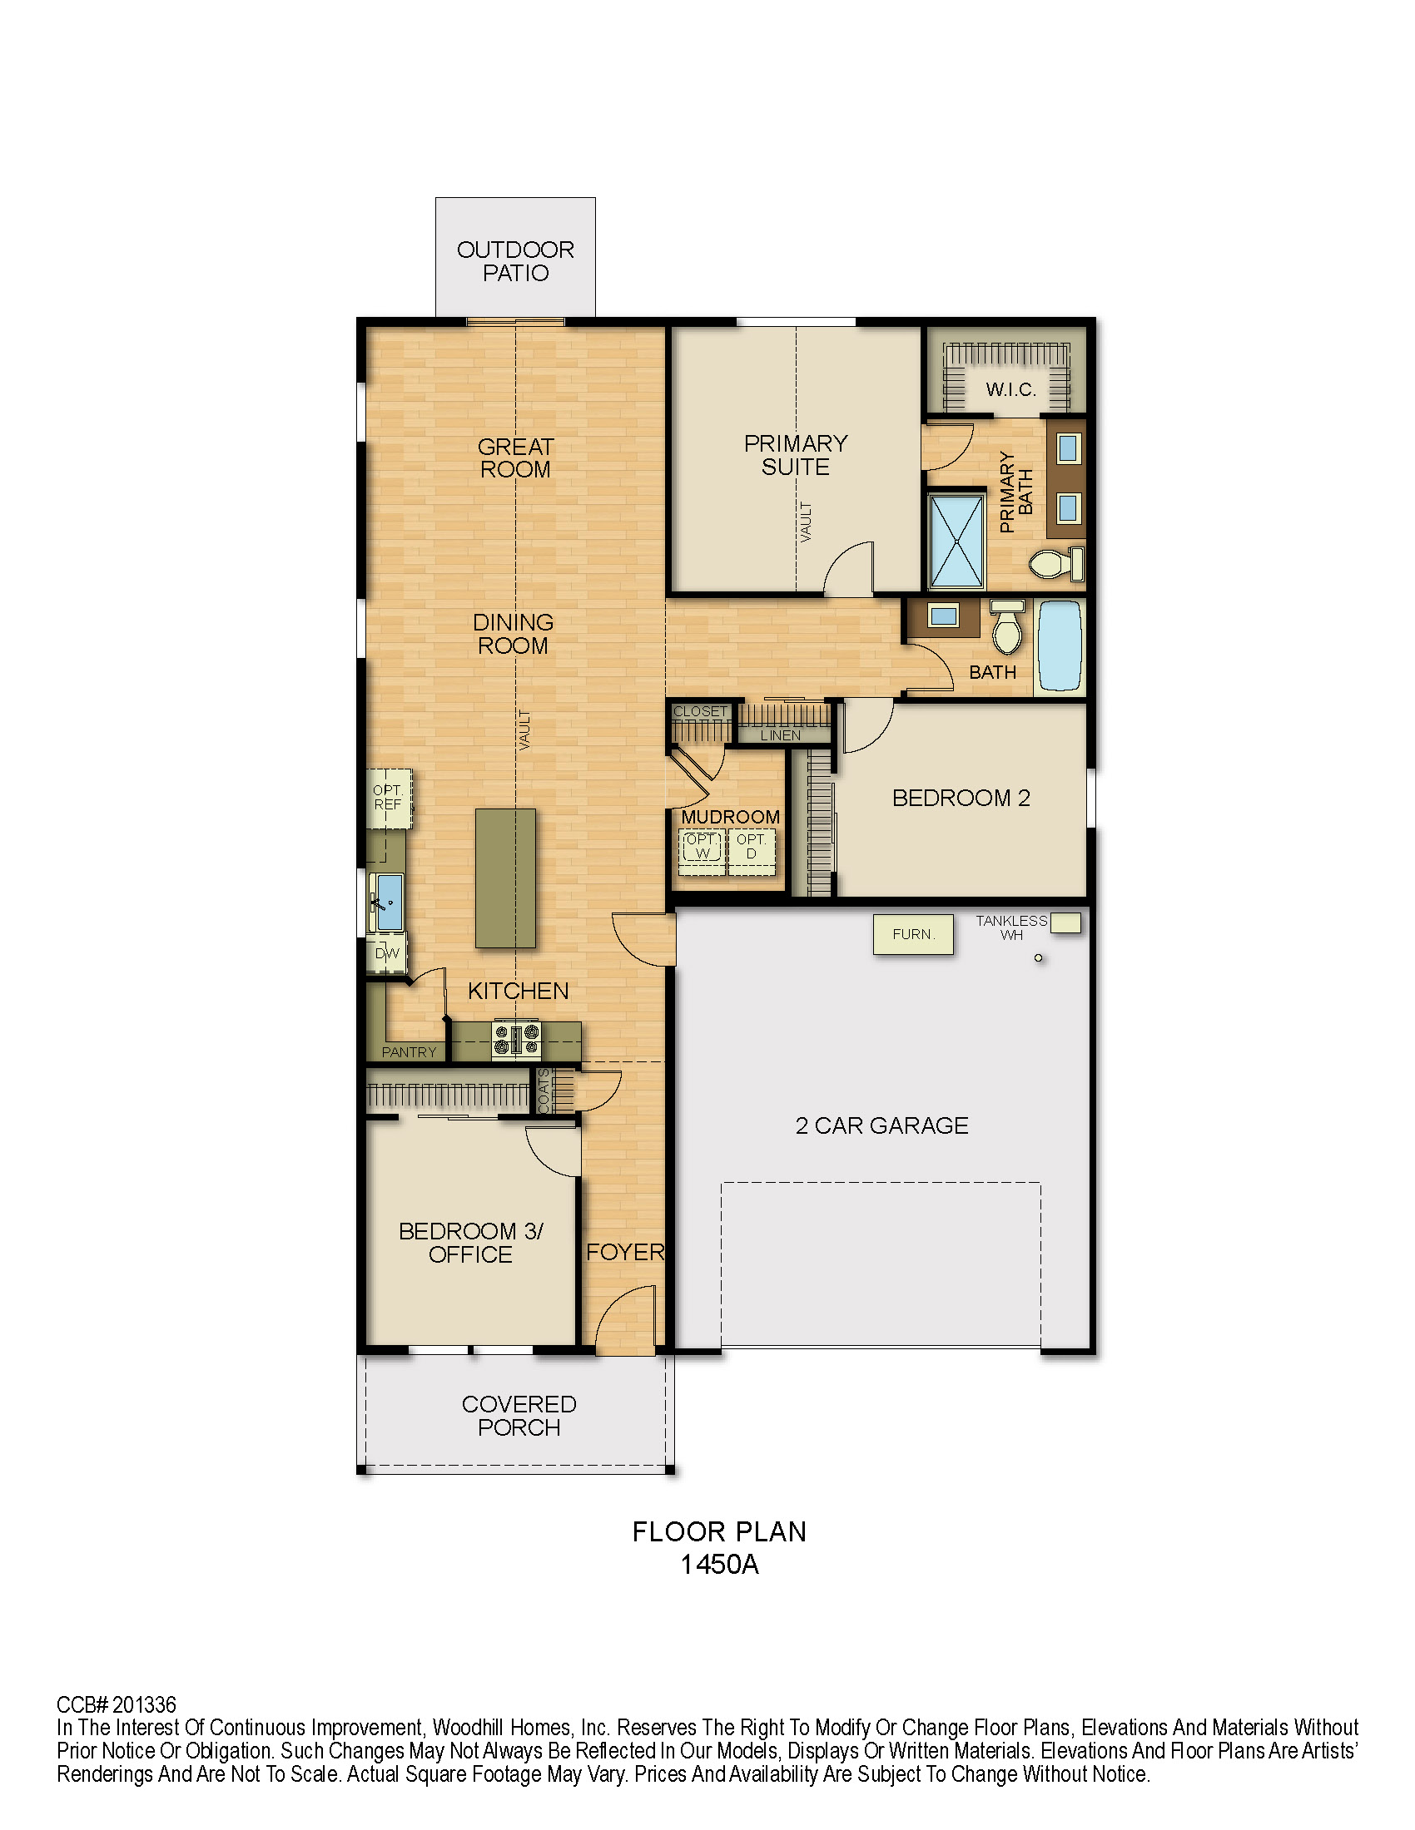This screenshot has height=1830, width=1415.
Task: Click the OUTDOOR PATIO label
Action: [515, 261]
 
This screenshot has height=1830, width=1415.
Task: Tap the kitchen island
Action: [505, 878]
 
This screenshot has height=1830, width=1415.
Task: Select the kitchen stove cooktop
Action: [516, 1041]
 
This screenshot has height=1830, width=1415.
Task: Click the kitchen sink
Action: [388, 903]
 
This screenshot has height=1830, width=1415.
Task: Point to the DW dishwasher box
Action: [386, 953]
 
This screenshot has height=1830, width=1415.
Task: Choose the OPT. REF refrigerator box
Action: [389, 799]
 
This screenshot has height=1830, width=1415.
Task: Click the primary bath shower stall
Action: [956, 542]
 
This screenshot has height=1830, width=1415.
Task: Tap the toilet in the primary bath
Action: [1056, 563]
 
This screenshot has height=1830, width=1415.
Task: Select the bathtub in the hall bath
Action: [1060, 646]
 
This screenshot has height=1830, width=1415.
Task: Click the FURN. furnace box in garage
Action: [913, 934]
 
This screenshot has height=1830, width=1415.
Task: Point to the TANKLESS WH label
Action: [1012, 927]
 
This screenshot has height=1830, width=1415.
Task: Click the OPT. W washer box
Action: [702, 852]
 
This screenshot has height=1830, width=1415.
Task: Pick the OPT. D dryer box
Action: [752, 852]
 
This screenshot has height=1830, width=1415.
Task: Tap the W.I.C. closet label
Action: [1011, 389]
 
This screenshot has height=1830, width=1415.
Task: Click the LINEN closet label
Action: [781, 735]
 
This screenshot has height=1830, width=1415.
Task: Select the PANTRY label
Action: [409, 1052]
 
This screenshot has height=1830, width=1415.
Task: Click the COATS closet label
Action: [544, 1091]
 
